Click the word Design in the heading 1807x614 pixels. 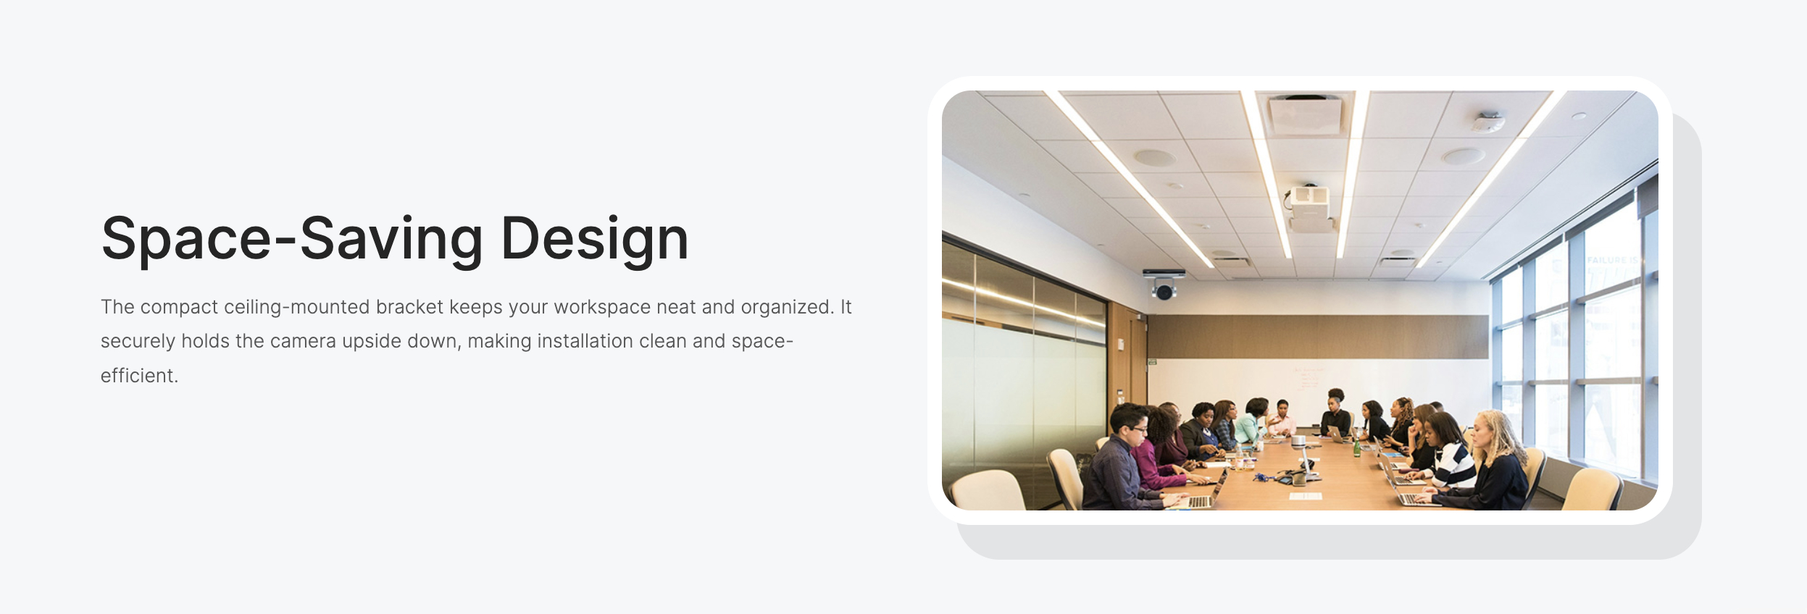pyautogui.click(x=595, y=238)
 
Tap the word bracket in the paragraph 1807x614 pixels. pyautogui.click(x=409, y=307)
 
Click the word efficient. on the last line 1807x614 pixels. pyautogui.click(x=139, y=375)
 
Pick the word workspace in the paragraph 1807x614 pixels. pyautogui.click(x=602, y=308)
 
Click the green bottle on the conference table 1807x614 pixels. pyautogui.click(x=1356, y=448)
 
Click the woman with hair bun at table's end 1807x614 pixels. pyautogui.click(x=1335, y=412)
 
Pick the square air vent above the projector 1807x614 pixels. pyautogui.click(x=1305, y=114)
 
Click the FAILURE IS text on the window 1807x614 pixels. pyautogui.click(x=1611, y=259)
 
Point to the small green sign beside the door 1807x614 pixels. pyautogui.click(x=1152, y=361)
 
